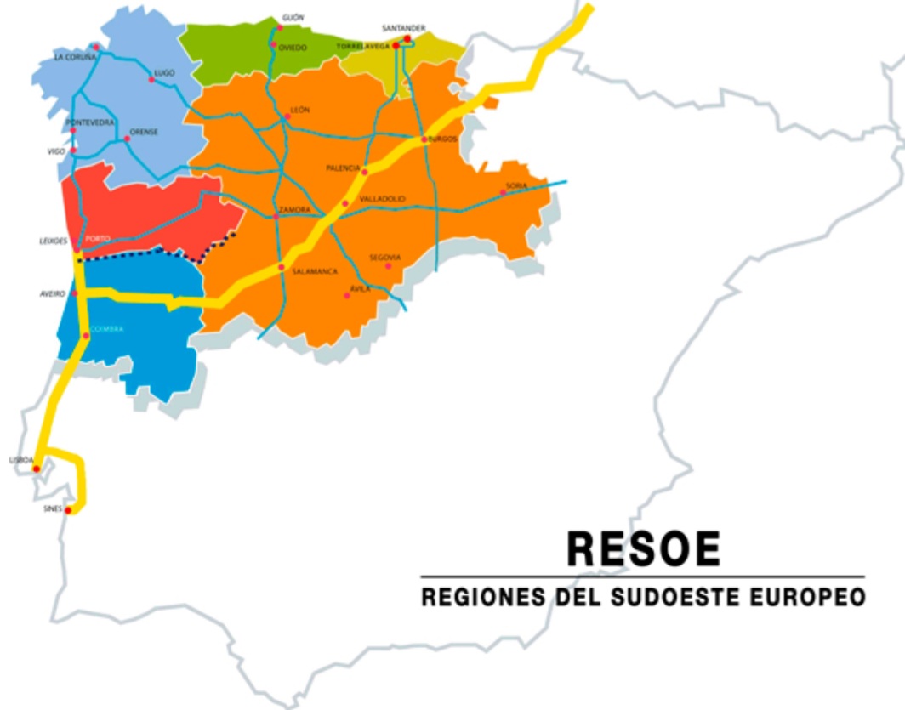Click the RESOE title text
click(643, 549)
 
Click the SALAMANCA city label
click(315, 271)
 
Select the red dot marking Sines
click(68, 511)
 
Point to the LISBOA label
click(20, 460)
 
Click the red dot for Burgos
click(424, 139)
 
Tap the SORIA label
click(516, 185)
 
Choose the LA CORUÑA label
click(75, 57)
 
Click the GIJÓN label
click(293, 17)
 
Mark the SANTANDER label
click(403, 28)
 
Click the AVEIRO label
click(53, 293)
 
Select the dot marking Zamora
click(276, 216)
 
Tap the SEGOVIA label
click(384, 257)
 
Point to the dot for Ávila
click(346, 295)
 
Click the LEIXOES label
click(53, 241)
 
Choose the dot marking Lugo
click(151, 80)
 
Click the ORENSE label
click(144, 132)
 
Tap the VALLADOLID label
click(382, 199)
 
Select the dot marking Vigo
click(73, 151)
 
